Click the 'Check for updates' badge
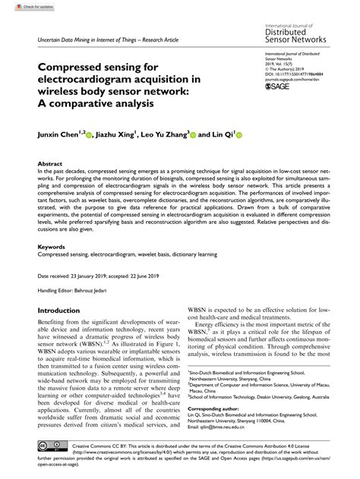[21, 6]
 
